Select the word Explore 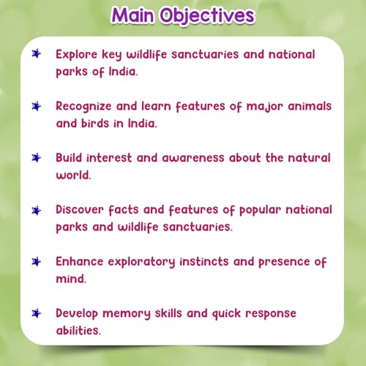pyautogui.click(x=78, y=55)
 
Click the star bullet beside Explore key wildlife pyautogui.click(x=37, y=55)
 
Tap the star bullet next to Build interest pyautogui.click(x=37, y=157)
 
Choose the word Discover pyautogui.click(x=82, y=209)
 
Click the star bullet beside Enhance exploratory pyautogui.click(x=37, y=261)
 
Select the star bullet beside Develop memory pyautogui.click(x=37, y=313)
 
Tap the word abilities pyautogui.click(x=79, y=329)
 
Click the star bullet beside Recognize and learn pyautogui.click(x=37, y=106)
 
